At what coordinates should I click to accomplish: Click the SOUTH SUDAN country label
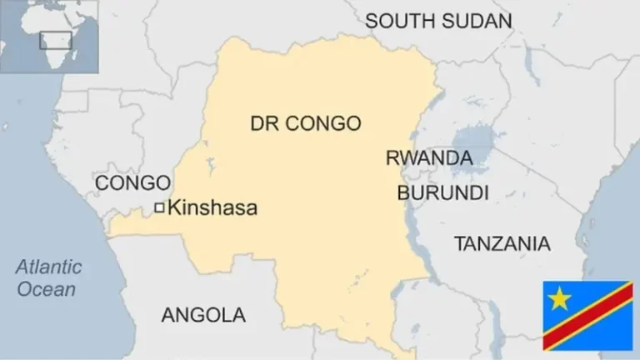point(438,21)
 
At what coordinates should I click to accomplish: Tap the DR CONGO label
point(306,123)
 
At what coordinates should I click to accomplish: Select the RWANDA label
point(428,158)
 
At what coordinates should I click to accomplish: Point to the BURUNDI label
point(442,193)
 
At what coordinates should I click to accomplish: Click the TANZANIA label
point(502,243)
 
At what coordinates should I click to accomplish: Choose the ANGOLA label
point(203,315)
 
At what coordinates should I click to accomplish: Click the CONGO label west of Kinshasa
point(133,182)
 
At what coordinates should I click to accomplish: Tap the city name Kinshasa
point(212,208)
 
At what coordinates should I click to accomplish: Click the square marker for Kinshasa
point(159,208)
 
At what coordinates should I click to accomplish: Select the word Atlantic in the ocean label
point(50,267)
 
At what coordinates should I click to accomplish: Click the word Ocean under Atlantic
point(47,289)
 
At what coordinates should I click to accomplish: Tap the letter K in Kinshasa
point(173,208)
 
